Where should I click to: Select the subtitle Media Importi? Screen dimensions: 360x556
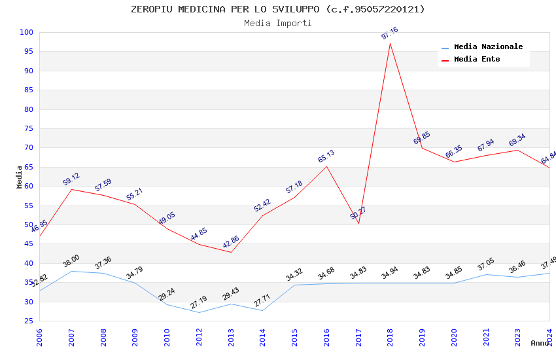[277, 23]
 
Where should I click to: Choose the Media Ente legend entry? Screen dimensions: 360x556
[477, 60]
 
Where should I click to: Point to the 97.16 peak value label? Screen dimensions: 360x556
[390, 33]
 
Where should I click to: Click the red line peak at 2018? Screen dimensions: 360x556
[390, 43]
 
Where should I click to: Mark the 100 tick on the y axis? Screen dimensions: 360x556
[27, 32]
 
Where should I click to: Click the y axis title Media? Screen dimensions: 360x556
[19, 177]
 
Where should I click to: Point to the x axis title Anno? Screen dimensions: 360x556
[540, 343]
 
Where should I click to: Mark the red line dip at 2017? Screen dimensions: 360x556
[358, 223]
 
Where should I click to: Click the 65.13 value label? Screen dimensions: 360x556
[326, 156]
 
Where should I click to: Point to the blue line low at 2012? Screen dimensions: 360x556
[199, 312]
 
